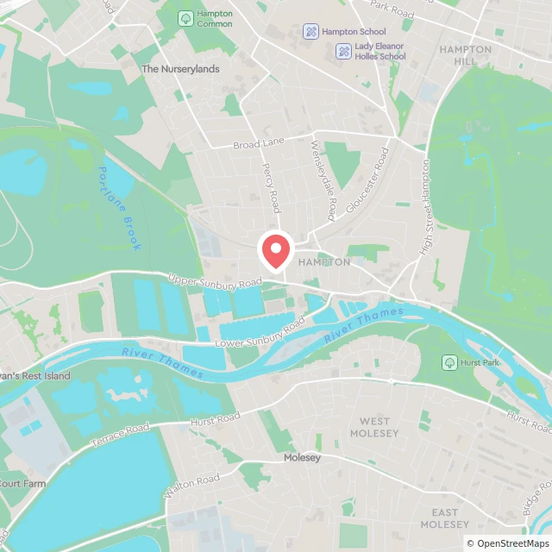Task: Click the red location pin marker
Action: [275, 250]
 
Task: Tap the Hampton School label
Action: [354, 32]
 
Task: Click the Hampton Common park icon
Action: [185, 18]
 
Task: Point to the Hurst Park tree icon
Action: [448, 362]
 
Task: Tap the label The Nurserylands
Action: [180, 69]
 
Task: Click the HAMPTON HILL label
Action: [466, 56]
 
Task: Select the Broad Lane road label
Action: [258, 143]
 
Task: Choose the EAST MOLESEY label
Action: [445, 518]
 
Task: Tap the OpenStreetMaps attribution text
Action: [507, 543]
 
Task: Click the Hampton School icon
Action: [310, 32]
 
